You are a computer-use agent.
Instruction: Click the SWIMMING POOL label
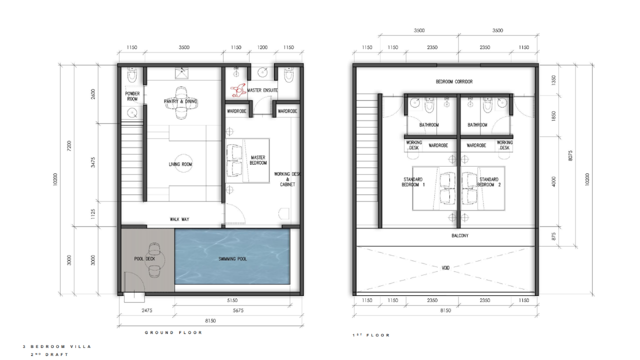pos(232,259)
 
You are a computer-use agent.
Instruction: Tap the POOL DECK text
pos(144,259)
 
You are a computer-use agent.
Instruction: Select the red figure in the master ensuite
pos(238,90)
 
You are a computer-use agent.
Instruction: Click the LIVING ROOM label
pos(180,164)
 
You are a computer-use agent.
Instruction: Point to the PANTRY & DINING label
pos(180,101)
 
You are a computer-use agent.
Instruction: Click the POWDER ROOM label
pos(132,96)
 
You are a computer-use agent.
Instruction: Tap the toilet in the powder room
pos(132,74)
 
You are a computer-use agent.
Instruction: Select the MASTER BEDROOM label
pos(258,160)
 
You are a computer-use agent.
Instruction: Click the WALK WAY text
pos(179,219)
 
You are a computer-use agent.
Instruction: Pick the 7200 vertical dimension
pos(69,146)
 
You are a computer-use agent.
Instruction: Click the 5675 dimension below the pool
pos(238,310)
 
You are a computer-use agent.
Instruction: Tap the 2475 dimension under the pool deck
pos(147,310)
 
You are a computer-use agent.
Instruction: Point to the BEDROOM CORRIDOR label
pos(454,81)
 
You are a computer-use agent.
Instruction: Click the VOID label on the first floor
pos(445,268)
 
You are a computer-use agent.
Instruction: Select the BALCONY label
pos(460,235)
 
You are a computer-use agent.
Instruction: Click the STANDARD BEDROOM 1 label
pos(413,182)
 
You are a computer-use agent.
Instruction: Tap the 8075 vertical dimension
pos(570,155)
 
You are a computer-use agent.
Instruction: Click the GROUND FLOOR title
pos(173,332)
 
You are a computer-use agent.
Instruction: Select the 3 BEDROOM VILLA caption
pos(57,346)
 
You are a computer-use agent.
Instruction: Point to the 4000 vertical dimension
pos(553,181)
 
